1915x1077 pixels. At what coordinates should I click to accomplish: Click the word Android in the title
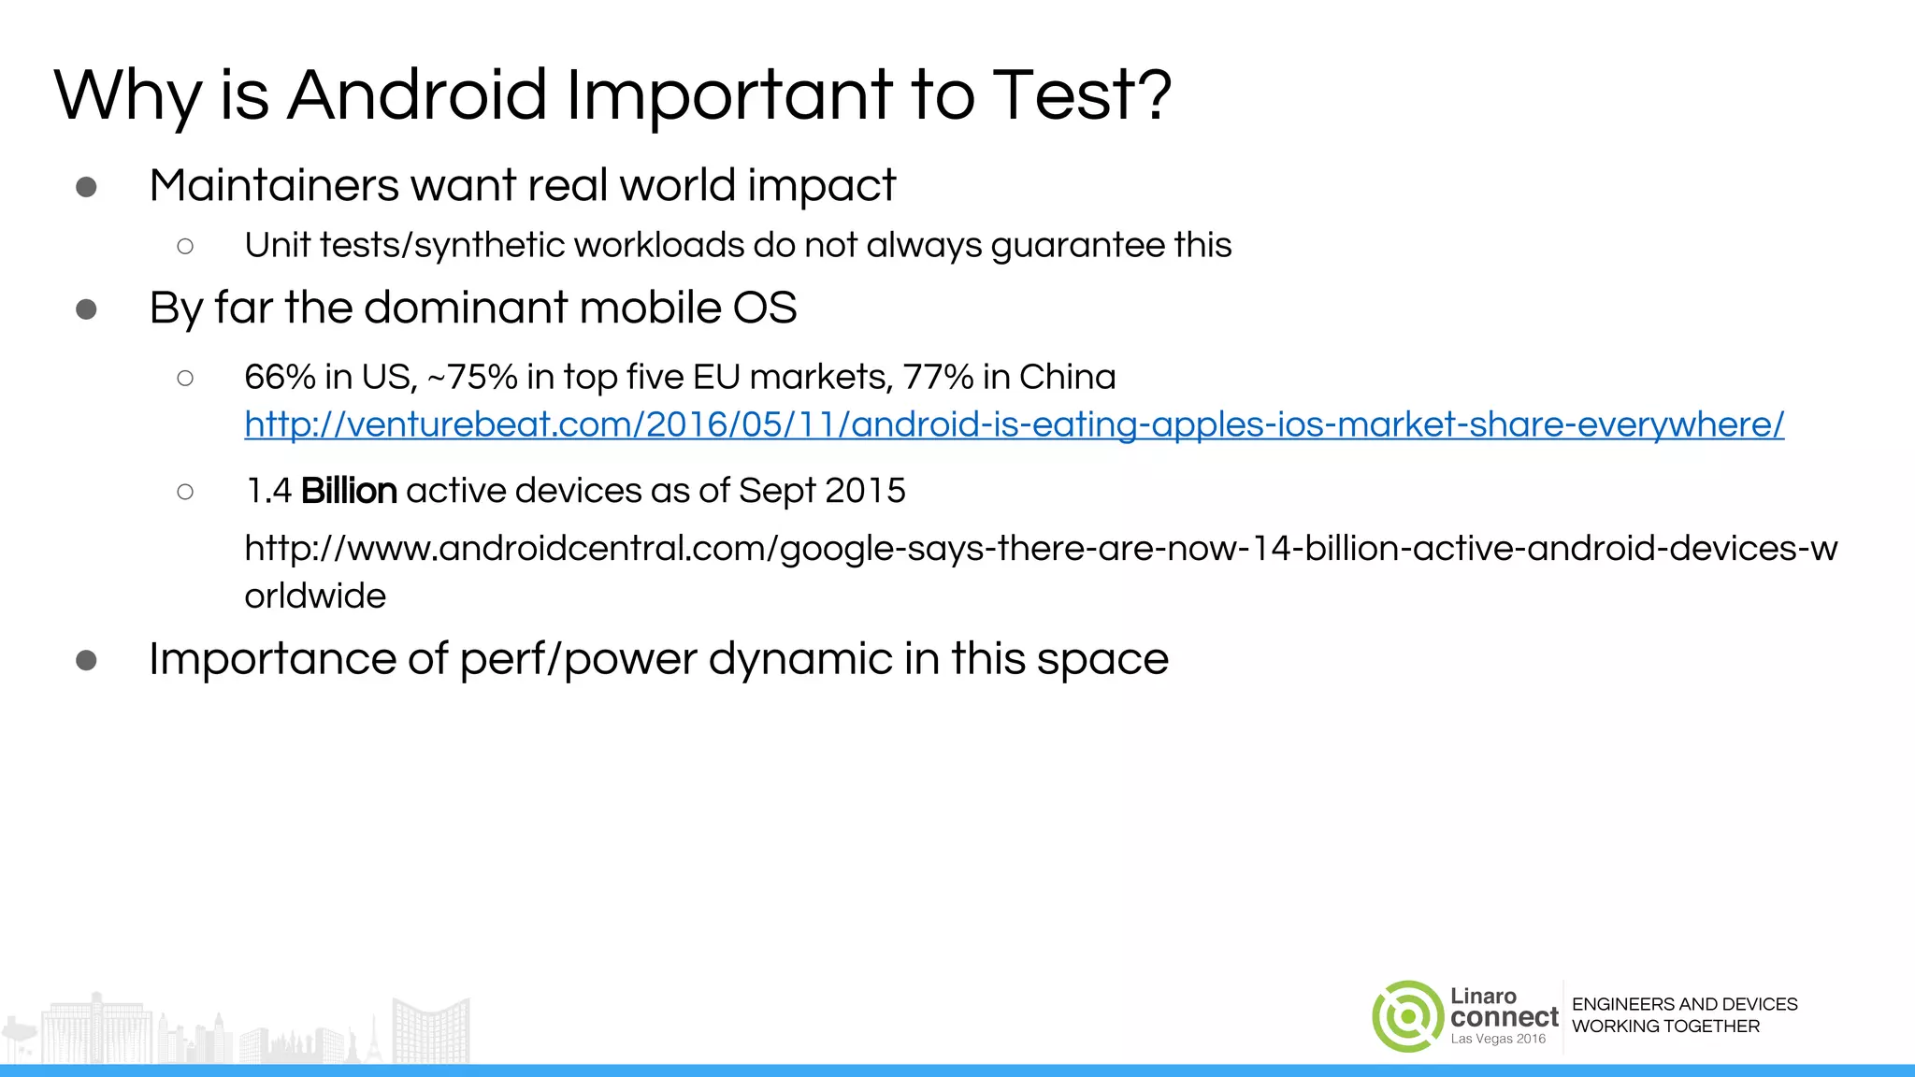tap(417, 95)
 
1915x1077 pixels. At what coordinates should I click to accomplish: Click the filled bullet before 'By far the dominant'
tap(86, 309)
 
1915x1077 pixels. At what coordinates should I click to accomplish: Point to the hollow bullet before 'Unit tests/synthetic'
tap(185, 246)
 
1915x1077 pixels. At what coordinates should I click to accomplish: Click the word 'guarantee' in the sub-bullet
tap(1076, 246)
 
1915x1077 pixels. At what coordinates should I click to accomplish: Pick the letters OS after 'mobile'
tap(764, 308)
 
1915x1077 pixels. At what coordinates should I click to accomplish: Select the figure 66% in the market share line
tap(280, 377)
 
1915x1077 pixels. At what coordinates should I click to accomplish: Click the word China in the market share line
tap(1067, 377)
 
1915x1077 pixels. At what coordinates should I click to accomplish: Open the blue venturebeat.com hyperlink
tap(1014, 424)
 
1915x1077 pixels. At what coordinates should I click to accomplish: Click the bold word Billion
tap(349, 491)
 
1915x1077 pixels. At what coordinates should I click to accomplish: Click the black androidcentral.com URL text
tap(1040, 549)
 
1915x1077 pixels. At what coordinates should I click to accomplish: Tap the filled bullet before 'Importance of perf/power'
tap(86, 661)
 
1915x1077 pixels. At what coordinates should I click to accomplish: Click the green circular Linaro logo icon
tap(1407, 1016)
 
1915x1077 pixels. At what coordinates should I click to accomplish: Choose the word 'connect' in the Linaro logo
tap(1505, 1017)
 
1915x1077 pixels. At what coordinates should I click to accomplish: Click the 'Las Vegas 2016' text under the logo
tap(1498, 1039)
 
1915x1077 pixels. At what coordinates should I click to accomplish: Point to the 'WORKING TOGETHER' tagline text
tap(1665, 1027)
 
